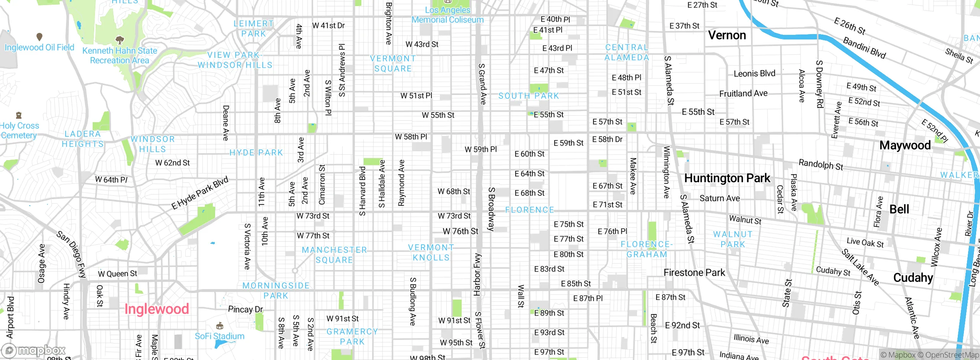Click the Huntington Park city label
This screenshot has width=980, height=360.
click(x=727, y=178)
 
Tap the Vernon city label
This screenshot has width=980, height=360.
click(x=727, y=35)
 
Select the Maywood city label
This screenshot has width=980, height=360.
click(x=905, y=146)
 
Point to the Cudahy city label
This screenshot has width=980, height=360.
click(x=913, y=278)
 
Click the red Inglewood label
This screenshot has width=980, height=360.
click(x=157, y=309)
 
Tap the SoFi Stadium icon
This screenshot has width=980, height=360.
click(x=220, y=326)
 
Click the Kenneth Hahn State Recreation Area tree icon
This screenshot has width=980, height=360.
click(x=120, y=40)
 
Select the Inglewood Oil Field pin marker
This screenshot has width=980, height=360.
click(x=39, y=37)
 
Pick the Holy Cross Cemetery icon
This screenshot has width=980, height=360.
click(x=18, y=115)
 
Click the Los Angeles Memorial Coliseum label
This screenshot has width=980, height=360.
click(x=448, y=15)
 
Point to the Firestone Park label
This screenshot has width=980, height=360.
click(x=694, y=273)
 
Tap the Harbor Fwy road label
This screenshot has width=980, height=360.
click(x=477, y=274)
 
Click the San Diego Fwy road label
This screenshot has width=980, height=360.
click(x=72, y=254)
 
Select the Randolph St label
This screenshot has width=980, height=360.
click(x=821, y=165)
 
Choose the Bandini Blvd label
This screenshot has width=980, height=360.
click(x=864, y=48)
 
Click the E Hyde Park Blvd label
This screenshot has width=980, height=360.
click(x=199, y=193)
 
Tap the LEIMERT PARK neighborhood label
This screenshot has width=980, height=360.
click(x=253, y=29)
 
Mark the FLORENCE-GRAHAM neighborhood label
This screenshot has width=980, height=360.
click(x=647, y=249)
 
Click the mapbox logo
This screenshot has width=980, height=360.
click(x=34, y=350)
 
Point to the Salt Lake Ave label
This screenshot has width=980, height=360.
click(x=860, y=267)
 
